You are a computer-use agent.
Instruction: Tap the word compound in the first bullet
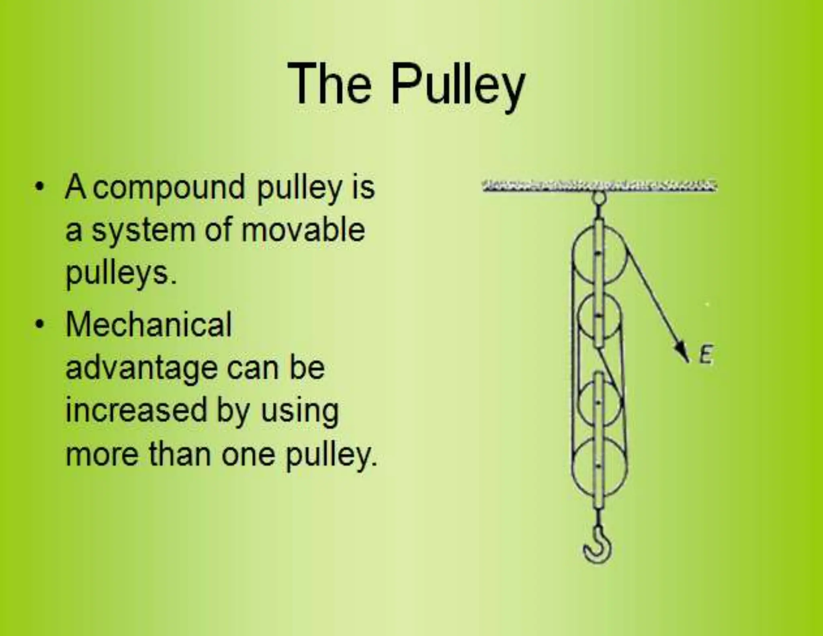click(x=169, y=187)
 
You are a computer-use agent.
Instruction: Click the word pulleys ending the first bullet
click(x=120, y=274)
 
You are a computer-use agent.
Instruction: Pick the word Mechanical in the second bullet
click(x=149, y=324)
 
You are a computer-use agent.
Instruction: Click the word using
click(x=300, y=412)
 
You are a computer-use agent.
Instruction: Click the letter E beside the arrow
click(x=706, y=355)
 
